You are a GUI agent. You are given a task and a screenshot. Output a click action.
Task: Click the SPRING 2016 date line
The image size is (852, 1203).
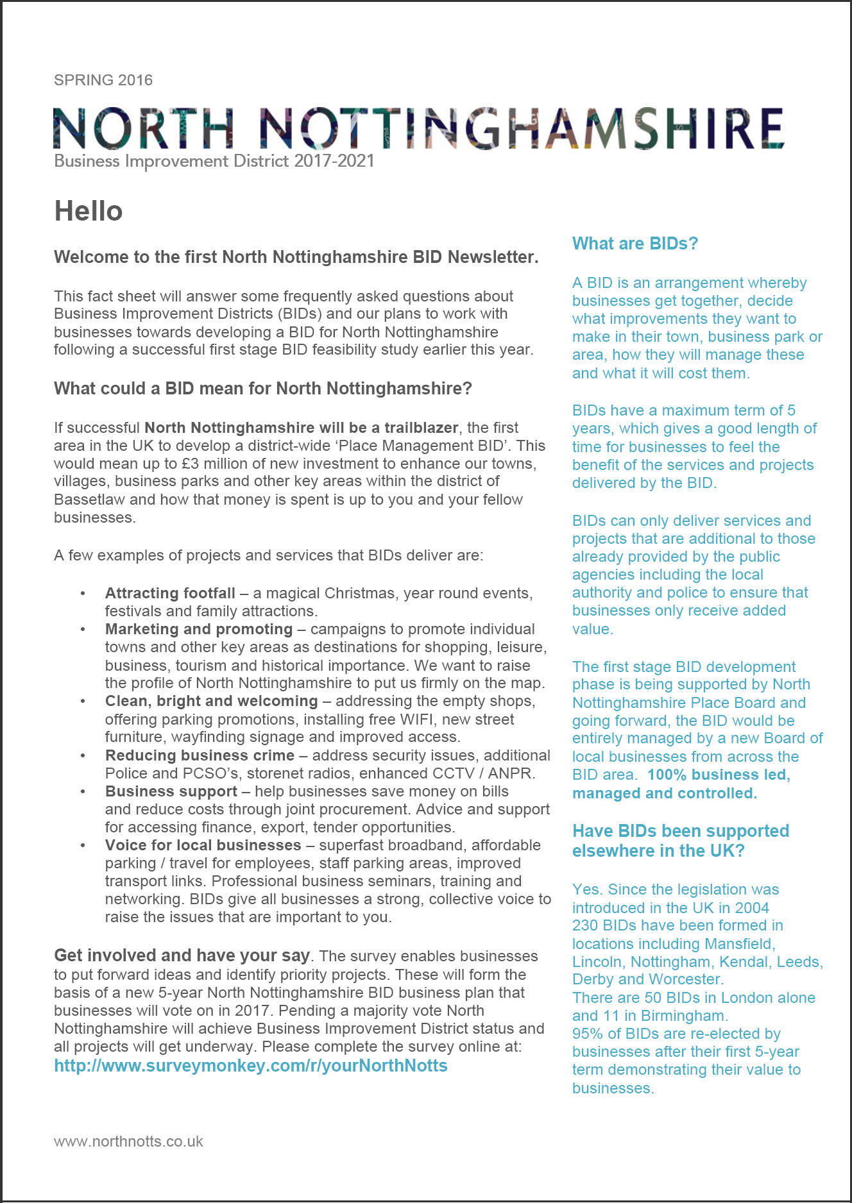coord(103,80)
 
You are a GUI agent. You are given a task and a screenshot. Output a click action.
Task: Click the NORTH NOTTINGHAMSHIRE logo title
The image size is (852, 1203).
coord(418,128)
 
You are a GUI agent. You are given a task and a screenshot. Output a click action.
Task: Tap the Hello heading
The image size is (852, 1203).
coord(89,211)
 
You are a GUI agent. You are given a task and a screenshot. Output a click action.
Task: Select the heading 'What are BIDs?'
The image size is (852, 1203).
coord(635,244)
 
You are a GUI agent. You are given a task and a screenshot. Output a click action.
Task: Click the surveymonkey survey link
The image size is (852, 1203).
coord(251,1066)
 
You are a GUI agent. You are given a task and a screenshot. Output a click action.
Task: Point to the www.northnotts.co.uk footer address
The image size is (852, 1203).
coord(128,1141)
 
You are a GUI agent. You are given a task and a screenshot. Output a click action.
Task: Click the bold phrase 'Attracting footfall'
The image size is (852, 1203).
coord(170,593)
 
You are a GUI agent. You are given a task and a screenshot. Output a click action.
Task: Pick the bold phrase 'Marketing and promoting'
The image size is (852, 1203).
coord(199,629)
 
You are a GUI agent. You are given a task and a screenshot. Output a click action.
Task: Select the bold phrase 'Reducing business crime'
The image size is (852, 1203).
coord(200,755)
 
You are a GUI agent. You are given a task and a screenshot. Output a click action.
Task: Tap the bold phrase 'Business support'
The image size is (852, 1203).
coord(171,791)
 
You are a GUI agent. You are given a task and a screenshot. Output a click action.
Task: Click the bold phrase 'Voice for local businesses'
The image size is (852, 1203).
coord(203,845)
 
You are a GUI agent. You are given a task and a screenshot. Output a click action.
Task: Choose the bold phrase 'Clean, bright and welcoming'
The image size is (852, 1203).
coord(211,701)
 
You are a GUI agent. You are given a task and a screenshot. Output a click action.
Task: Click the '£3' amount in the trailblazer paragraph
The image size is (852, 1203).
coord(191,464)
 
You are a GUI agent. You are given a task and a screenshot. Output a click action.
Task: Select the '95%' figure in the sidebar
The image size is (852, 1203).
coord(588,1034)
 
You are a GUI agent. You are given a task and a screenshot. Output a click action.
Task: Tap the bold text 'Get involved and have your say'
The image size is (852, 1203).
coord(182,955)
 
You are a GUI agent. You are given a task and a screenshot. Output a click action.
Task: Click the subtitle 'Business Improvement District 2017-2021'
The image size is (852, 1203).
coord(214,161)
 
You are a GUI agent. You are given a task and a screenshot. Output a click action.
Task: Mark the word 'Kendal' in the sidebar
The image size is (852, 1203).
coord(743,962)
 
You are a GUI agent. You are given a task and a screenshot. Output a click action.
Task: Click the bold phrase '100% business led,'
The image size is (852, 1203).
coord(719,775)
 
